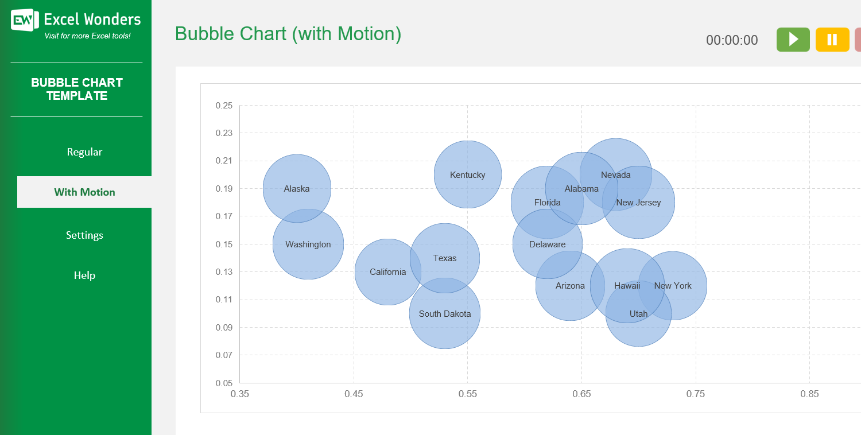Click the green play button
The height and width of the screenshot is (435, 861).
coord(793,40)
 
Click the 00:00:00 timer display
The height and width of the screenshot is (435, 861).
coord(732,40)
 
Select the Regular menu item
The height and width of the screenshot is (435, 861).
coord(84,152)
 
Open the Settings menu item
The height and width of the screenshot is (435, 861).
coord(84,235)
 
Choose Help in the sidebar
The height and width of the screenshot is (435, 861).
coord(84,275)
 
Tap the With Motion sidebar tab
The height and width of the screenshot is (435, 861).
coord(84,192)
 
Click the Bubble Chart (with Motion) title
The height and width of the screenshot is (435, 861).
coord(288,34)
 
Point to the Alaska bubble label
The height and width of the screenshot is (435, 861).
coord(297,189)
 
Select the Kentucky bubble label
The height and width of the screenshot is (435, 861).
coord(467,175)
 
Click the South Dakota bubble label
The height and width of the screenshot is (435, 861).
coord(445,314)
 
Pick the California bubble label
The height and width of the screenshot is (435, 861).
coord(387,272)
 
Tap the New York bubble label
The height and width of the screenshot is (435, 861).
coord(673,286)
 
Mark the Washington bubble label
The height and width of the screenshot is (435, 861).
coord(308,244)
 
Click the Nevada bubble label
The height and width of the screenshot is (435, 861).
coord(615,175)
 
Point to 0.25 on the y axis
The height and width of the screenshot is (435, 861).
coord(224,106)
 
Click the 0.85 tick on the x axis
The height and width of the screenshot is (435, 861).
coord(809,394)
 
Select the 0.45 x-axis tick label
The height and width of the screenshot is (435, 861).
coord(354,394)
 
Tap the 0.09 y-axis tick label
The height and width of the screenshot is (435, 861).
coord(224,328)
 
